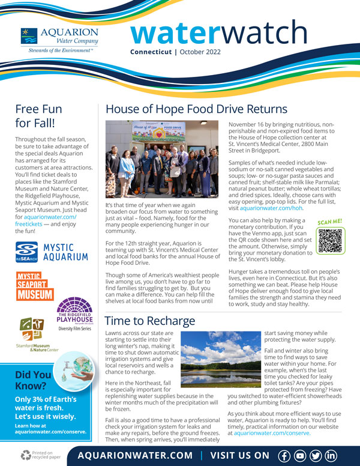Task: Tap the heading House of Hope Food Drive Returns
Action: tap(196, 109)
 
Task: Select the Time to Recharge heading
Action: tap(150, 321)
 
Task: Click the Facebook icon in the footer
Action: tap(284, 455)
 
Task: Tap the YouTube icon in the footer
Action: tap(300, 455)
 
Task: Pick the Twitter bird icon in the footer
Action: tap(316, 455)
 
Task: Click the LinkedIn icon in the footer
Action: tap(331, 455)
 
